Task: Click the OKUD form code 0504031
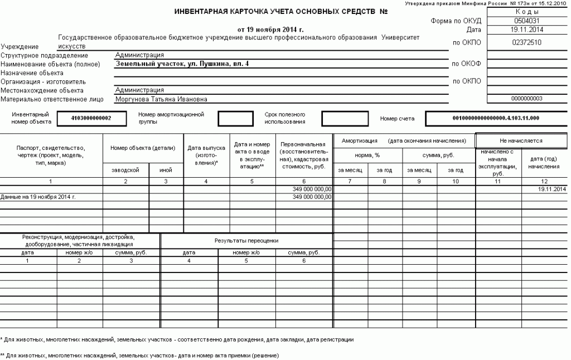(x=526, y=21)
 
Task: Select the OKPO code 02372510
(x=526, y=42)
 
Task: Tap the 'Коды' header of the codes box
(x=526, y=12)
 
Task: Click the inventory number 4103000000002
(x=91, y=118)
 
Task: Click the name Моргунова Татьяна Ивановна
(x=161, y=99)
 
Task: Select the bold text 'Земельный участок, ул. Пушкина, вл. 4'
(x=182, y=64)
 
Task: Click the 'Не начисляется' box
(x=521, y=140)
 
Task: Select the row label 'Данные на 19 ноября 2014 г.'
(x=38, y=197)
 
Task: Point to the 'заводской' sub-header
(x=125, y=170)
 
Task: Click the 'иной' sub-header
(x=166, y=170)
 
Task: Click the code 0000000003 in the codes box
(x=526, y=99)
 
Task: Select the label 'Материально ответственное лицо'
(x=52, y=100)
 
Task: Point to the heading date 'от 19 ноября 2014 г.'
(x=270, y=29)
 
